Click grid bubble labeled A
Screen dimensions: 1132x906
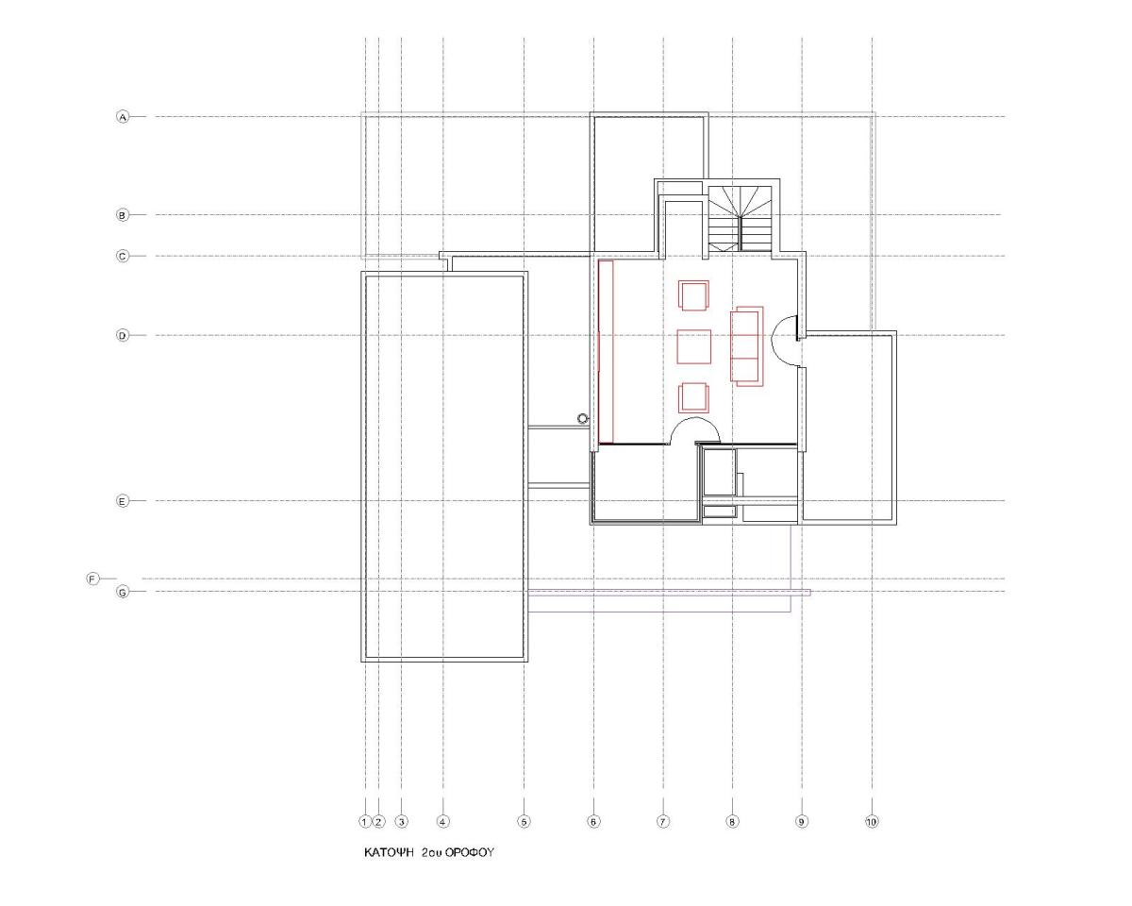(x=122, y=117)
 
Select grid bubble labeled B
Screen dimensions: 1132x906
(x=122, y=215)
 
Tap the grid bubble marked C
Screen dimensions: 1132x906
(x=122, y=257)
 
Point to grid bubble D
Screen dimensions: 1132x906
(x=122, y=335)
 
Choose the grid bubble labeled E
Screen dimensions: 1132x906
(x=122, y=501)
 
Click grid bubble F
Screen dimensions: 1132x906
(x=92, y=579)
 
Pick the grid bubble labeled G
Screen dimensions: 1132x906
(x=122, y=593)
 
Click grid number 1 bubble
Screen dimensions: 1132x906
(x=365, y=822)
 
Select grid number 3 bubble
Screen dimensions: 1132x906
(x=401, y=822)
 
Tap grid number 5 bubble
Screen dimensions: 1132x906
(x=524, y=822)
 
